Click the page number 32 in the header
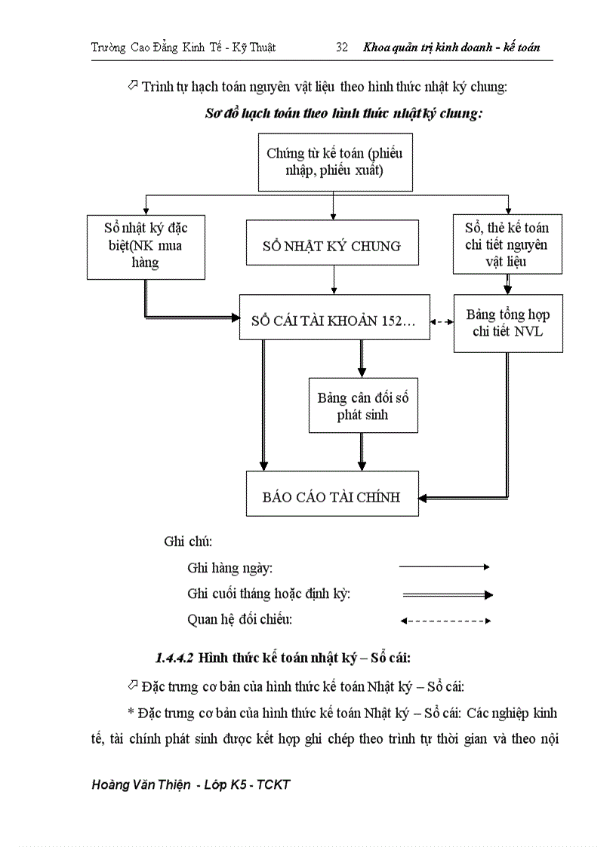pyautogui.click(x=341, y=47)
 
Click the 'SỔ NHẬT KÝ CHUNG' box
pyautogui.click(x=332, y=246)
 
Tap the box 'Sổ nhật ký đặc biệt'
pyautogui.click(x=146, y=245)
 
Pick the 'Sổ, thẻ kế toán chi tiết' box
pyautogui.click(x=507, y=244)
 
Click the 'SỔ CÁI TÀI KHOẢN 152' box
pyautogui.click(x=333, y=322)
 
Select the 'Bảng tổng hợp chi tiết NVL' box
pyautogui.click(x=507, y=323)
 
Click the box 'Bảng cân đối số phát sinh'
pyautogui.click(x=362, y=406)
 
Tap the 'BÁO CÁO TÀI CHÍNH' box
pyautogui.click(x=332, y=496)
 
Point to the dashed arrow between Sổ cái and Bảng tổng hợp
pyautogui.click(x=441, y=322)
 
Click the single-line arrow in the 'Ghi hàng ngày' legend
pyautogui.click(x=445, y=566)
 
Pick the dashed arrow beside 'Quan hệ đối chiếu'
pyautogui.click(x=445, y=621)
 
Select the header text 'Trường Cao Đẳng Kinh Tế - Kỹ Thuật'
pyautogui.click(x=183, y=47)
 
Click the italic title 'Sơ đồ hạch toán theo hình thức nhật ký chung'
pyautogui.click(x=343, y=114)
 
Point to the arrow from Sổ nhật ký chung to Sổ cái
pyautogui.click(x=333, y=280)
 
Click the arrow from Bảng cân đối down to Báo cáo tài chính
pyautogui.click(x=362, y=450)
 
